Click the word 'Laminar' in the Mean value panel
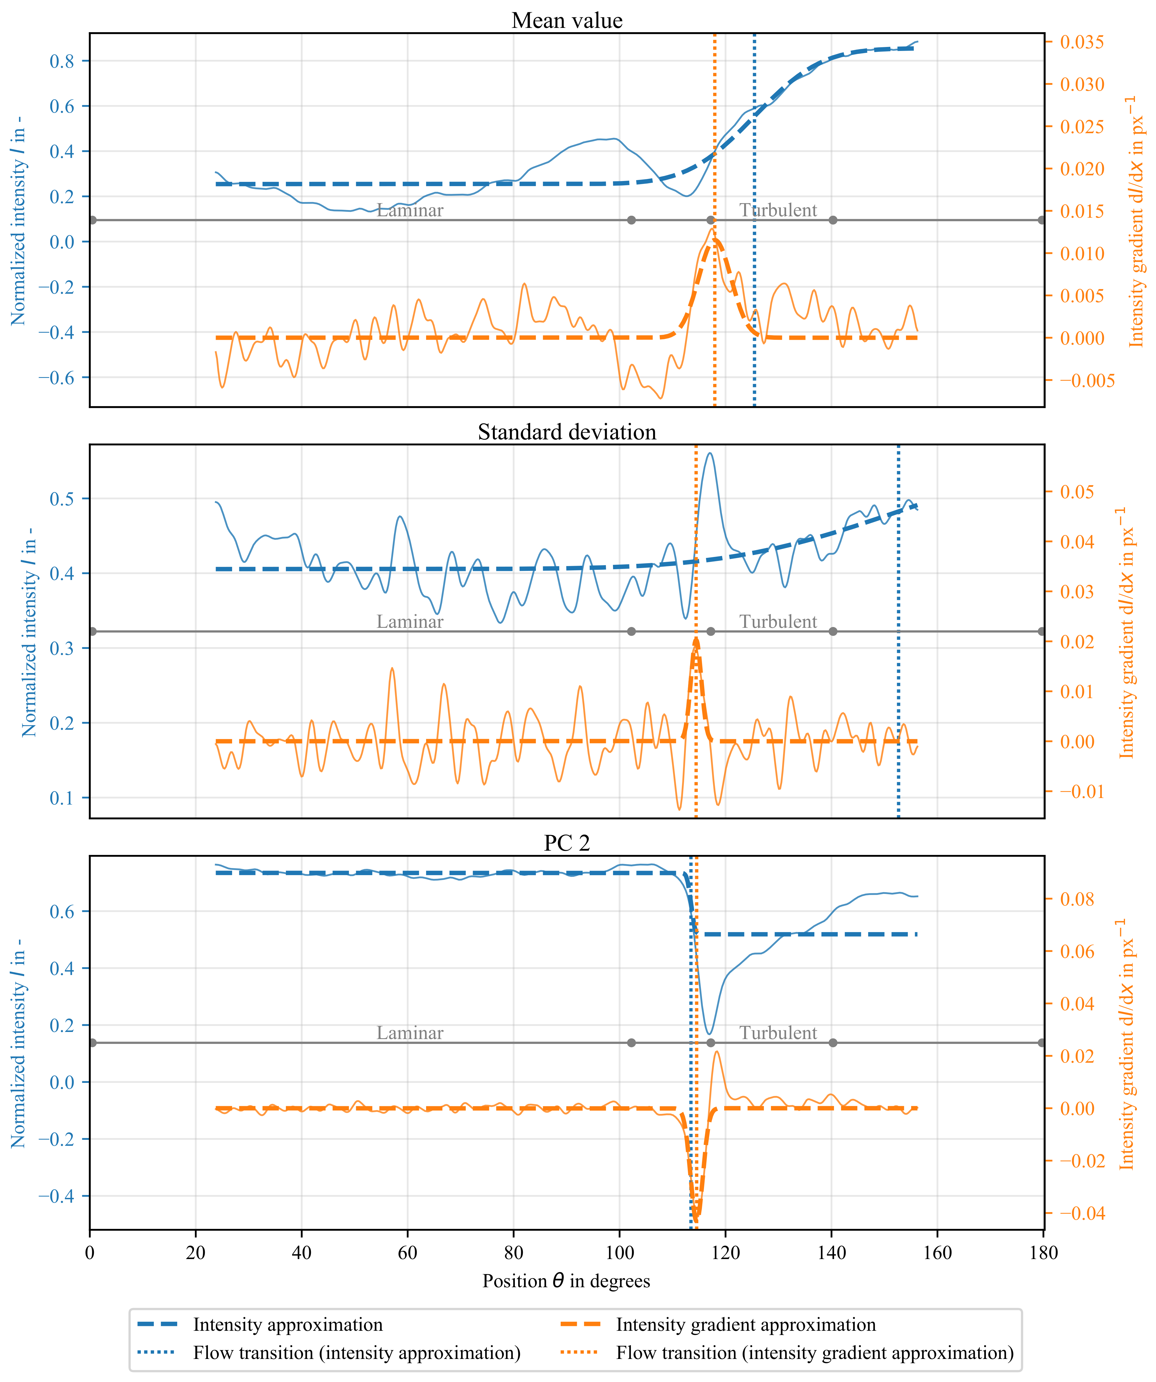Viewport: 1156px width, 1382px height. [x=410, y=211]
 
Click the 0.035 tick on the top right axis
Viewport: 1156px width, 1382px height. [x=1082, y=42]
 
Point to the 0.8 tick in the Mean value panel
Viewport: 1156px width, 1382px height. [x=62, y=61]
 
